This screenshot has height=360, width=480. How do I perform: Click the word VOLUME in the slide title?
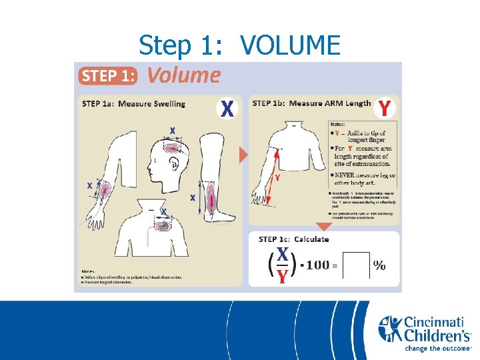point(290,45)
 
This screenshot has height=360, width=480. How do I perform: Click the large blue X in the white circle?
point(227,108)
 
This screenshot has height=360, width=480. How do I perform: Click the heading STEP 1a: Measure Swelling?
point(133,103)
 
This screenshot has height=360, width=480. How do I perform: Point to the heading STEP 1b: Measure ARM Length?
point(311,103)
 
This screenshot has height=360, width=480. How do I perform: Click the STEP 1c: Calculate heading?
point(293,239)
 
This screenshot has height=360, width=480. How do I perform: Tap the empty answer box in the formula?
point(355,265)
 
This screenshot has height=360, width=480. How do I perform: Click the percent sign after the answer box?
point(379,265)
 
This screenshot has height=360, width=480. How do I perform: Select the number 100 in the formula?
point(318,265)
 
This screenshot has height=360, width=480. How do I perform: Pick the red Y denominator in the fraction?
point(283,275)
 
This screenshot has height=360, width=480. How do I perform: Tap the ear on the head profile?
point(172,162)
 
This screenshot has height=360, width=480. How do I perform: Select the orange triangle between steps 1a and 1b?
point(243,155)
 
